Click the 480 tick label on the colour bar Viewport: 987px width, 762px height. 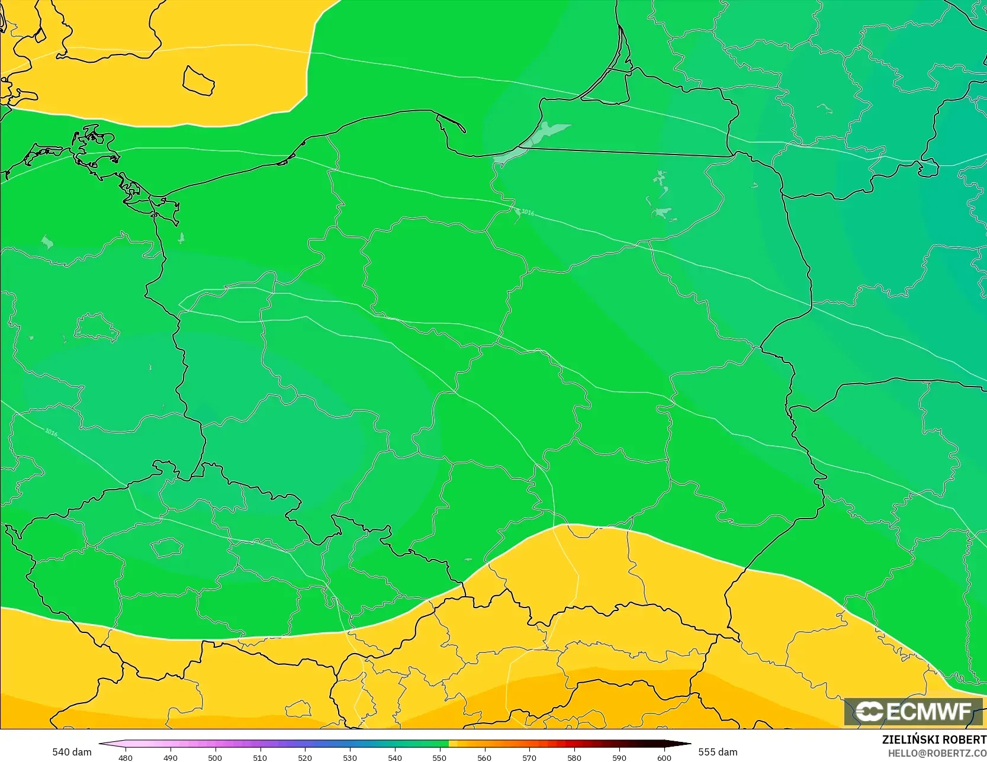[126, 757]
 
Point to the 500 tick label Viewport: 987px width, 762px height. [215, 757]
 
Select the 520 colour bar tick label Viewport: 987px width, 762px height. [305, 757]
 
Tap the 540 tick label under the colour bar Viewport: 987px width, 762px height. [395, 757]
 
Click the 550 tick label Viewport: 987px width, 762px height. [439, 757]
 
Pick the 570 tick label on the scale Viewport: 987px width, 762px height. [529, 757]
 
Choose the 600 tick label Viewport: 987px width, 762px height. [664, 757]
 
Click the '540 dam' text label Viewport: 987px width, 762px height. [72, 752]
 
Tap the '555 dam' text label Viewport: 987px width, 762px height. [718, 752]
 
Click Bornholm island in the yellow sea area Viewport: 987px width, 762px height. [198, 81]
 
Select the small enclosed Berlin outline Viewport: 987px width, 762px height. [97, 327]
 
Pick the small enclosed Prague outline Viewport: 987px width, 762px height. [166, 548]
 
